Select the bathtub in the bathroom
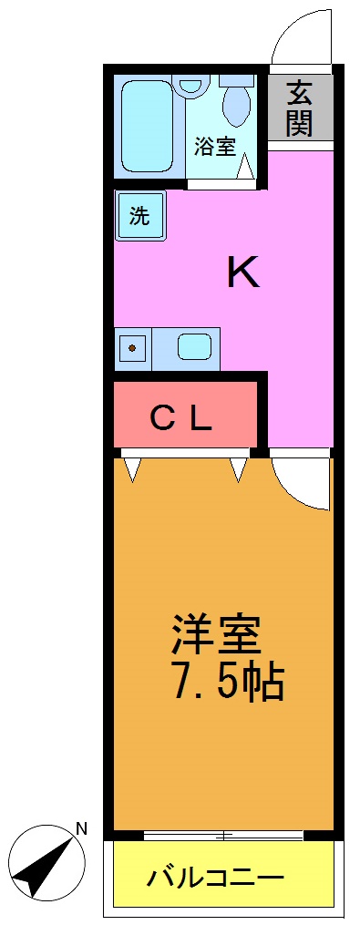(147, 127)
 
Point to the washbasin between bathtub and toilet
(190, 87)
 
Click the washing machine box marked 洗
(139, 216)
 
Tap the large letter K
(243, 272)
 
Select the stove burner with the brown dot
(133, 347)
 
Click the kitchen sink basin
(194, 347)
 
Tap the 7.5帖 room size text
(227, 682)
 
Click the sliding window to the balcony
(223, 835)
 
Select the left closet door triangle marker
(133, 468)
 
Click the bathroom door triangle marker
(245, 167)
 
